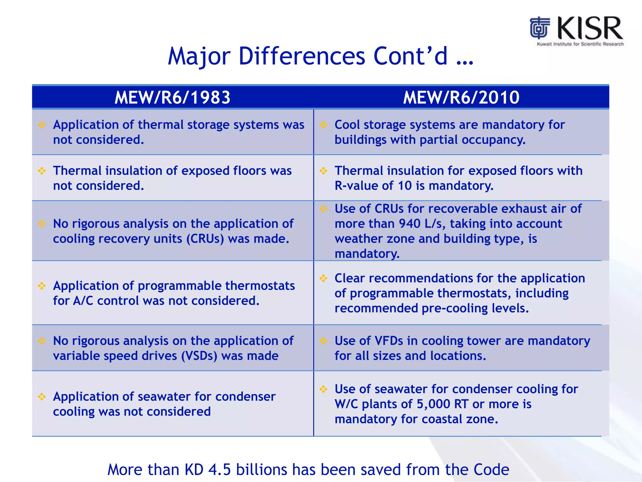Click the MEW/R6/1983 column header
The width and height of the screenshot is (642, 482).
point(172,97)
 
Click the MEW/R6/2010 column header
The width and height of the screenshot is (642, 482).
point(461,97)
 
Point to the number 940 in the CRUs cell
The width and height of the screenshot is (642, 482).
point(409,224)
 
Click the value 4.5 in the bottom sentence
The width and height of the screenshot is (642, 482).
point(219,470)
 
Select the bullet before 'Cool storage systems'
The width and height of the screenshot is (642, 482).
point(323,125)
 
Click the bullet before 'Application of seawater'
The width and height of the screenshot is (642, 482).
point(42,397)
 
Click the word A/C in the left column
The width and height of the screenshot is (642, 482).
point(83,301)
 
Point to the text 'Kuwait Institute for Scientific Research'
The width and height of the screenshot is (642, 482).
point(580,44)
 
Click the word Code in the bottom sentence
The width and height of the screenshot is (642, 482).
point(491,470)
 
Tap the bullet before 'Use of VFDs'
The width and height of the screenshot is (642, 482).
point(323,341)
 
